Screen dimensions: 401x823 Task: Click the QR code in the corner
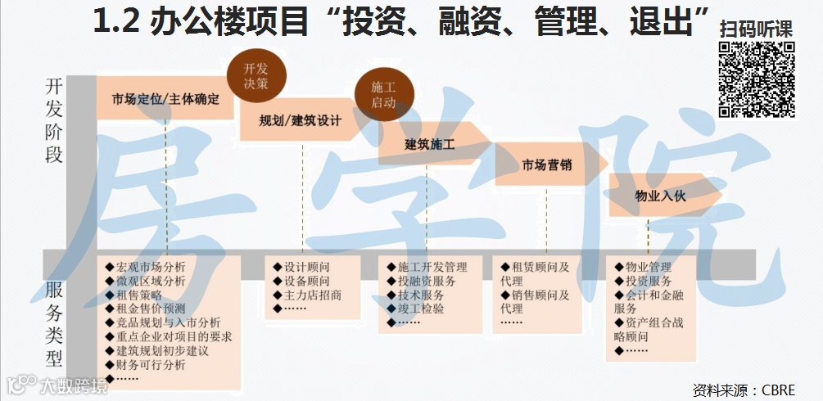[x=757, y=79]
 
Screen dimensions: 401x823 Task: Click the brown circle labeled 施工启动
[x=382, y=94]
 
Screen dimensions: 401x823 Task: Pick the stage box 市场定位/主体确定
[x=165, y=100]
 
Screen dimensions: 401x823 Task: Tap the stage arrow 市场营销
[x=547, y=165]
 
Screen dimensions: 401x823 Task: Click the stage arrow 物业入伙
[x=660, y=196]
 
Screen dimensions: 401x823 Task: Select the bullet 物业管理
[x=648, y=267]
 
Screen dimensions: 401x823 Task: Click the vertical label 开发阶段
[x=54, y=120]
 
